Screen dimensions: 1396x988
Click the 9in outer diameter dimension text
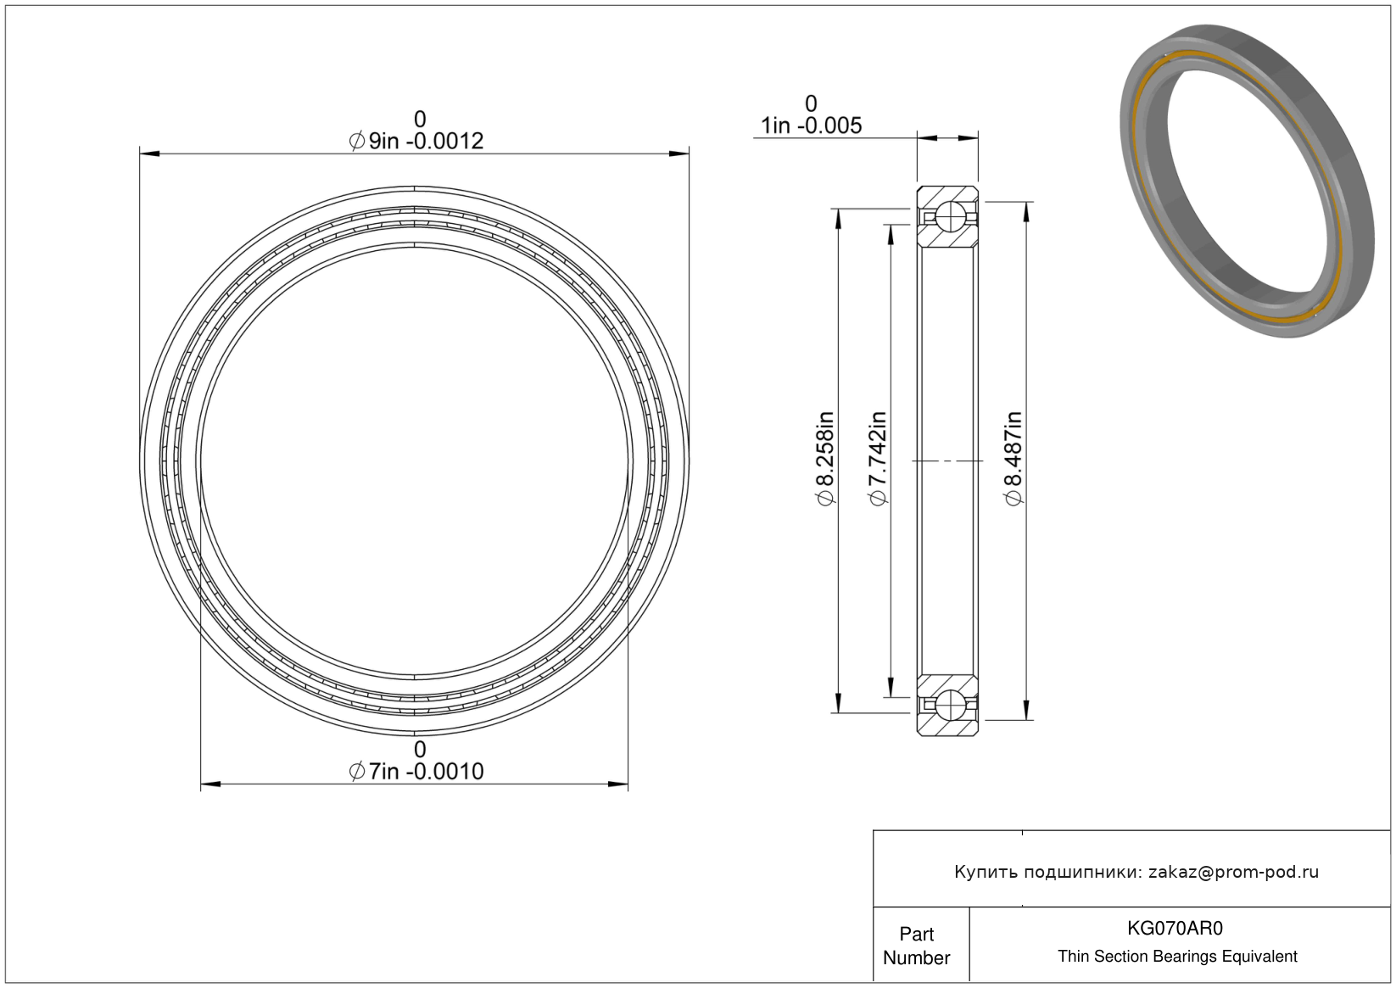pyautogui.click(x=416, y=141)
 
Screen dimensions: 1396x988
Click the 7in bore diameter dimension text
pyautogui.click(x=416, y=771)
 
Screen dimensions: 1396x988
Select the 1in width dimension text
pyautogui.click(x=811, y=126)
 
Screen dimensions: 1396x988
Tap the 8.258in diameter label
pyautogui.click(x=825, y=459)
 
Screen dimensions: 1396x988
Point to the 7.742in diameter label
pyautogui.click(x=878, y=459)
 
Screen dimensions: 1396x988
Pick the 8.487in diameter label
pyautogui.click(x=1013, y=459)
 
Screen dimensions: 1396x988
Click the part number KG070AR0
pyautogui.click(x=1175, y=928)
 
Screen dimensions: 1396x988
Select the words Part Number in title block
pyautogui.click(x=916, y=946)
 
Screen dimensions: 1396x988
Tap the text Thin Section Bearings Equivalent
pyautogui.click(x=1177, y=957)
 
